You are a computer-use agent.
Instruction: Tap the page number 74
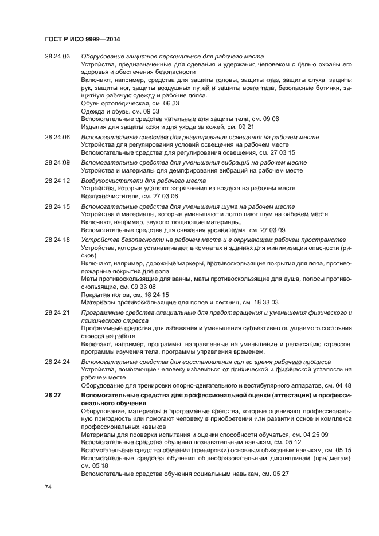48,487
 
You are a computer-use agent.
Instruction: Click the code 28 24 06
57,138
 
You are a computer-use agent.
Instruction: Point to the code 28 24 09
57,163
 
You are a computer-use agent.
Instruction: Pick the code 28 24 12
57,181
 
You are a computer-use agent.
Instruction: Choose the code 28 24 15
57,206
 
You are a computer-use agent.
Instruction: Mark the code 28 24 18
57,239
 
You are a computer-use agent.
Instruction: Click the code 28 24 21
57,312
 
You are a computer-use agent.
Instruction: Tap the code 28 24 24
57,362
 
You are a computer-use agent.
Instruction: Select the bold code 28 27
51,396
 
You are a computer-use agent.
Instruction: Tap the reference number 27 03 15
284,154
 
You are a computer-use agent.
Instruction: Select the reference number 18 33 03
267,302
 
